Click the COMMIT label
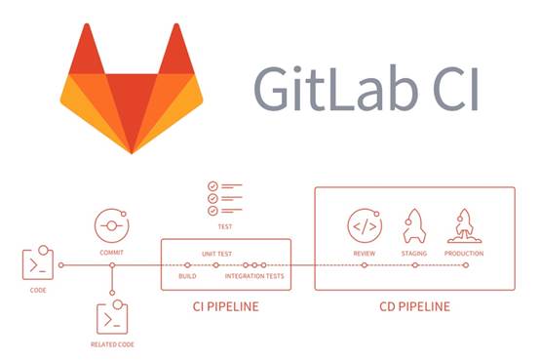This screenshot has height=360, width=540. (112, 252)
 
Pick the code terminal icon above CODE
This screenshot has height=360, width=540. (35, 264)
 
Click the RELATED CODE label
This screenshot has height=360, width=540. (112, 342)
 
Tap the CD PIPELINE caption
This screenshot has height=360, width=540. (414, 306)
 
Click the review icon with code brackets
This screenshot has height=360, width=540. (364, 225)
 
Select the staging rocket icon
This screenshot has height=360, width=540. (413, 225)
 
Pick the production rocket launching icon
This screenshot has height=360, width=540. (464, 225)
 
